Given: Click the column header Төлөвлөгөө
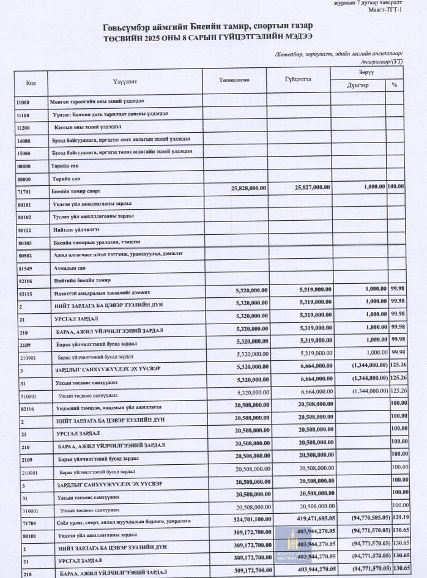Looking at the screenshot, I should pos(234,81).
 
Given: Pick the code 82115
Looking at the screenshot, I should pos(25,293).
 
